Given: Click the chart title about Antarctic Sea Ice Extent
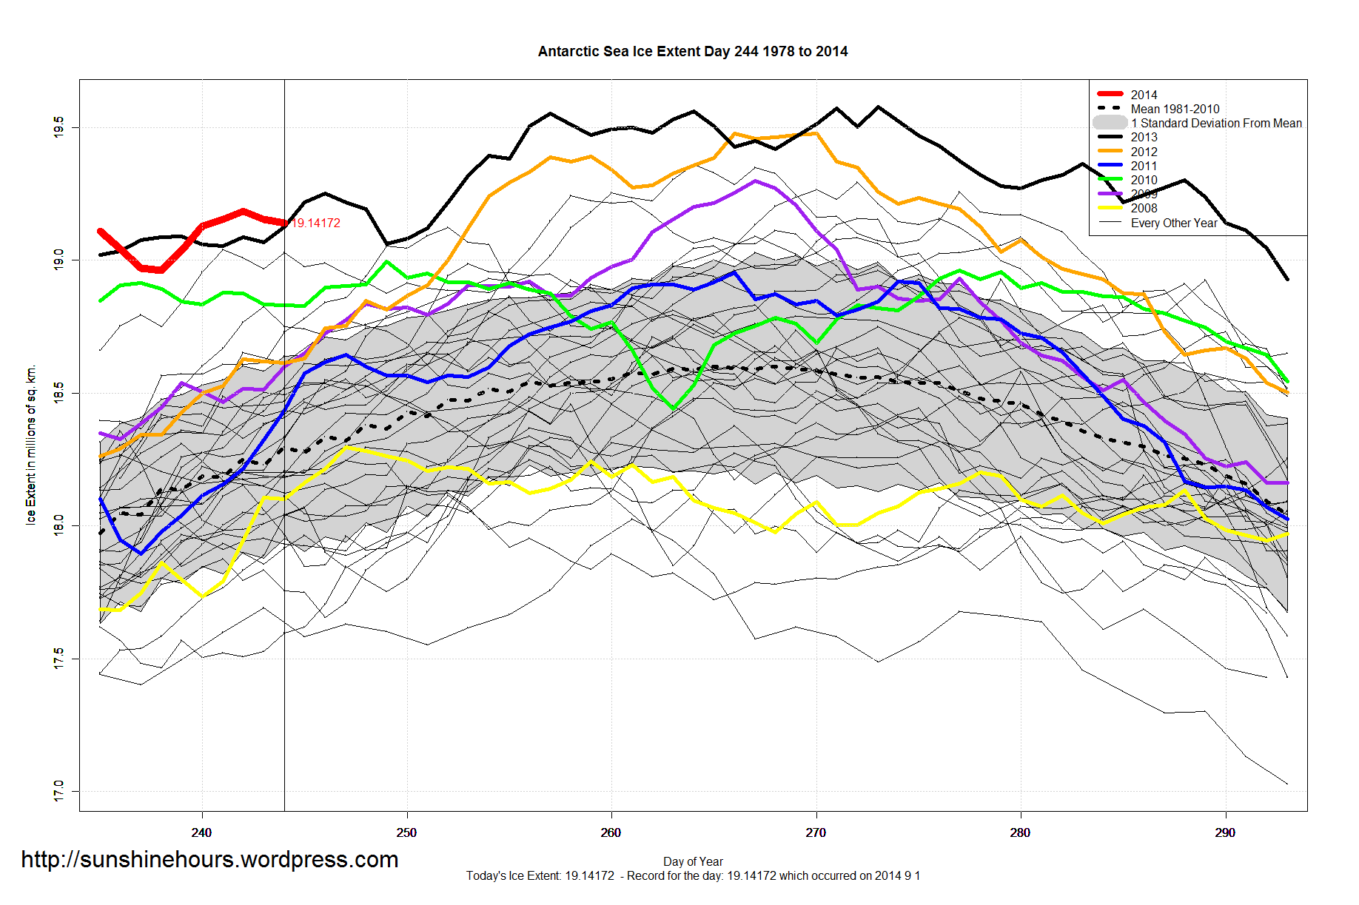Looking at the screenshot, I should click(x=692, y=52).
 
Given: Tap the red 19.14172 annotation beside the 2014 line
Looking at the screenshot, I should click(x=316, y=223).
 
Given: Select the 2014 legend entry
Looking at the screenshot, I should click(x=1144, y=95).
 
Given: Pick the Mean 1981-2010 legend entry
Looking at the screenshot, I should click(x=1175, y=109).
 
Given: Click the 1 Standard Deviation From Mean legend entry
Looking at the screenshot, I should click(x=1215, y=123).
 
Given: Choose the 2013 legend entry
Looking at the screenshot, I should click(x=1144, y=137).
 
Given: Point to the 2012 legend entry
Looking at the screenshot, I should click(x=1144, y=152).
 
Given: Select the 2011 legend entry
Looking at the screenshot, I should click(x=1144, y=166).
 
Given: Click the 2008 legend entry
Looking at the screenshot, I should click(x=1144, y=208).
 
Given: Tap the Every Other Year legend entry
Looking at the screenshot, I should click(x=1173, y=223).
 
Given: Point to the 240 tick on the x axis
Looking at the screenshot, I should click(x=201, y=832).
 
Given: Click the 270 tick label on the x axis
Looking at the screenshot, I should click(x=816, y=832).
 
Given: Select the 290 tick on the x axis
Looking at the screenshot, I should click(x=1225, y=832).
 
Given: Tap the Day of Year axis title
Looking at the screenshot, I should click(x=693, y=861).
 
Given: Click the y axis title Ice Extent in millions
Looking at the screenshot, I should click(x=31, y=445).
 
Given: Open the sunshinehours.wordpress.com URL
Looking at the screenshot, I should click(x=209, y=859).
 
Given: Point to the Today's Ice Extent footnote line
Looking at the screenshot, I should click(x=693, y=876).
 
